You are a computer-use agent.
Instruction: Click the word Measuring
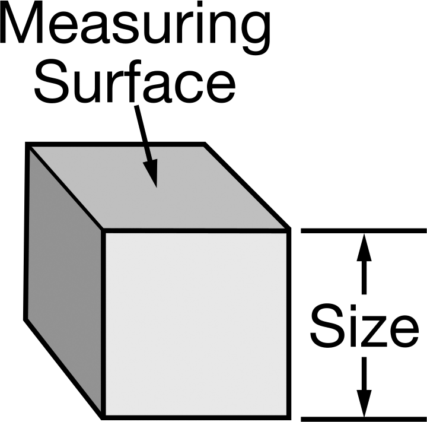135,27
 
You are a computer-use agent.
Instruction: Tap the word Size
364,325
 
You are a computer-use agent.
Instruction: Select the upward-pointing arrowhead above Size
364,247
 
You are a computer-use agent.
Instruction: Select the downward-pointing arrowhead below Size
364,404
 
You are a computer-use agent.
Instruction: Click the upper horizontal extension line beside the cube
364,231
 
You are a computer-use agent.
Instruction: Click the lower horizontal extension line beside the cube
364,419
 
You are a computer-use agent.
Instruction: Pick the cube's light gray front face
196,324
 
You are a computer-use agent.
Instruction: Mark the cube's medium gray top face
158,188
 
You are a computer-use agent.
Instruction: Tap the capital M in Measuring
21,23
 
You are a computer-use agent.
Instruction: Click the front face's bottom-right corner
289,417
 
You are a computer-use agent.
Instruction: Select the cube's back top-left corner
27,144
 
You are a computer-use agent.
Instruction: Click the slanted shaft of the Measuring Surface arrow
143,133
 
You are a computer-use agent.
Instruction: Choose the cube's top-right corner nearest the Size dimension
289,230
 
